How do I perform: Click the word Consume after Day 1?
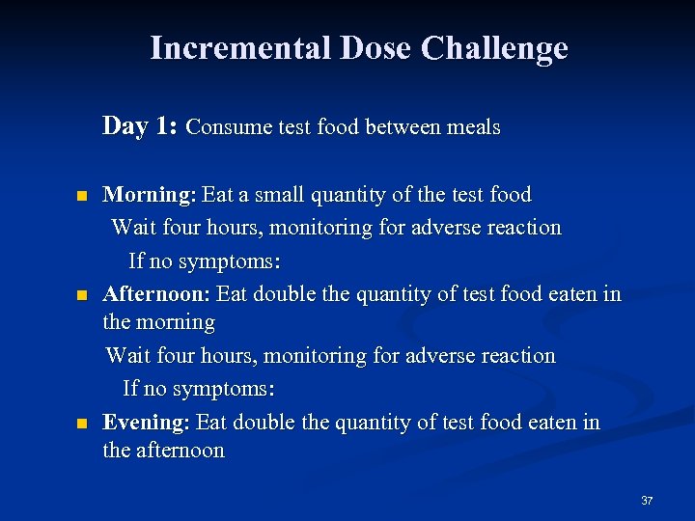point(223,127)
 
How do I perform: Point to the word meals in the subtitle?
point(471,127)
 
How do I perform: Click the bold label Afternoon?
point(156,293)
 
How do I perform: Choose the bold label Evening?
point(146,423)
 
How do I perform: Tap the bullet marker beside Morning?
point(83,196)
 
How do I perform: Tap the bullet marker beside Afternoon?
point(83,294)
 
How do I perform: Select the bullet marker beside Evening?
point(83,424)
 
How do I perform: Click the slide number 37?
point(647,501)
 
